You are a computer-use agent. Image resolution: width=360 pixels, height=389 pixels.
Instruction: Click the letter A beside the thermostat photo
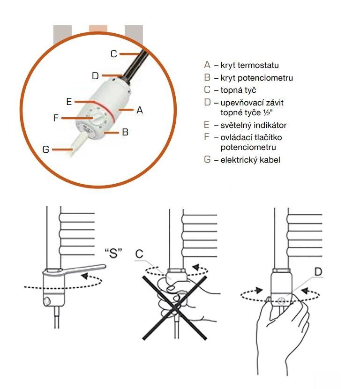pyautogui.click(x=140, y=110)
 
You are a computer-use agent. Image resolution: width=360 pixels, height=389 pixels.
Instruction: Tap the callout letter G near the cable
pyautogui.click(x=46, y=150)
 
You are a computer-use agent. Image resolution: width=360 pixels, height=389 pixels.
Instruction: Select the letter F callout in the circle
pyautogui.click(x=56, y=118)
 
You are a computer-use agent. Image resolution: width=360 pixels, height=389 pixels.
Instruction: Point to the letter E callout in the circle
pyautogui.click(x=69, y=101)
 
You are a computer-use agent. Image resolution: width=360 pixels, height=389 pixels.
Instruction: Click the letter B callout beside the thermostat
pyautogui.click(x=125, y=132)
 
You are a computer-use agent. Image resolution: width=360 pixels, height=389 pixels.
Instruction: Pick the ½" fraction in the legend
pyautogui.click(x=268, y=112)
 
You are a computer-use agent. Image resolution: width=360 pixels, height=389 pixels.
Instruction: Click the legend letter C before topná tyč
pyautogui.click(x=207, y=90)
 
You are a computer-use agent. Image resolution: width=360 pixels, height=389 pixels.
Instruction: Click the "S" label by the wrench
pyautogui.click(x=113, y=253)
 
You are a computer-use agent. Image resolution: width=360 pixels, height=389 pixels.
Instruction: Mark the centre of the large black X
pyautogui.click(x=175, y=307)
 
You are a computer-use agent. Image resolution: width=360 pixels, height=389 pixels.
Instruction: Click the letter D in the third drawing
pyautogui.click(x=318, y=272)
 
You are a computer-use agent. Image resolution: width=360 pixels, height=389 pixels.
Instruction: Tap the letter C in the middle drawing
pyautogui.click(x=139, y=254)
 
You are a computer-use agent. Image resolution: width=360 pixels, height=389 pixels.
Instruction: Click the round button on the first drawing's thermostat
pyautogui.click(x=47, y=301)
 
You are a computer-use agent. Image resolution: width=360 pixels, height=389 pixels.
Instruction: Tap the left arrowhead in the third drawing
pyautogui.click(x=259, y=290)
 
